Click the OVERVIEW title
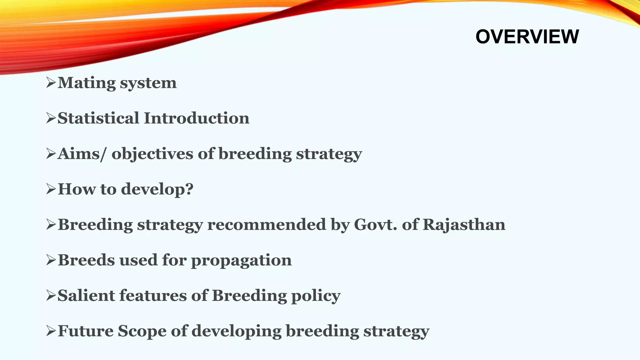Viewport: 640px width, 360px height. click(x=527, y=37)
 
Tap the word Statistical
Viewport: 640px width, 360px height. click(x=98, y=118)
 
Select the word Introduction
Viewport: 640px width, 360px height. click(x=197, y=118)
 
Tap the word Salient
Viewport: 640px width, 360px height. click(x=86, y=296)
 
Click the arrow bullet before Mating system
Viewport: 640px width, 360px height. click(x=51, y=83)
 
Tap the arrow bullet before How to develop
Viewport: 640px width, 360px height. click(x=51, y=189)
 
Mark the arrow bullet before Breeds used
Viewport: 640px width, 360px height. click(x=51, y=260)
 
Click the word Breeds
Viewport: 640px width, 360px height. click(x=86, y=260)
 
